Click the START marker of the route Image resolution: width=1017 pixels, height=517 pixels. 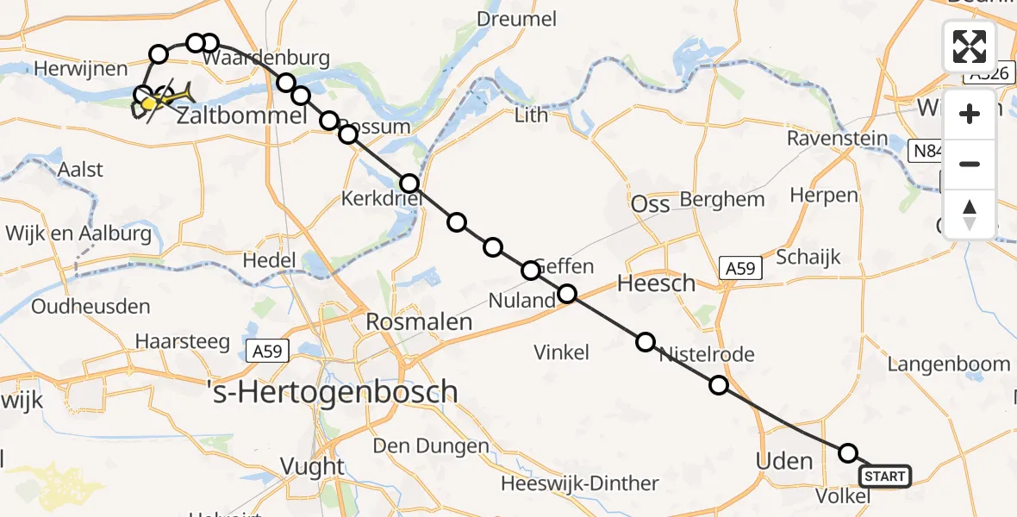tap(884, 477)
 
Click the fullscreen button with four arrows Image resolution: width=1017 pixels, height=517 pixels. tap(970, 47)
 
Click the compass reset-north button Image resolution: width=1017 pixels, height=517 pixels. tap(970, 215)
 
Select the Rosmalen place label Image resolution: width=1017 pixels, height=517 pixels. tap(420, 322)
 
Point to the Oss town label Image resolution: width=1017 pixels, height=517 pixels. tap(651, 205)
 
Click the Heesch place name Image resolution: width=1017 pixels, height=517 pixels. tap(656, 283)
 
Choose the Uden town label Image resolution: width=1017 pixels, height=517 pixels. tap(784, 461)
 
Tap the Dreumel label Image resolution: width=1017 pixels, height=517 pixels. tap(517, 19)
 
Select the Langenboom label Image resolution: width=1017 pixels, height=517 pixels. tap(948, 364)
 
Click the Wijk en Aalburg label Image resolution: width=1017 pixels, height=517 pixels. tap(78, 234)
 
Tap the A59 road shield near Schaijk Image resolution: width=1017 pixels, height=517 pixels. tap(739, 268)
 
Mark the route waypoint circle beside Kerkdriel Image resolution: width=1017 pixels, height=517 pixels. tap(409, 184)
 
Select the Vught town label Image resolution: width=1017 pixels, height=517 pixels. tap(313, 467)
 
